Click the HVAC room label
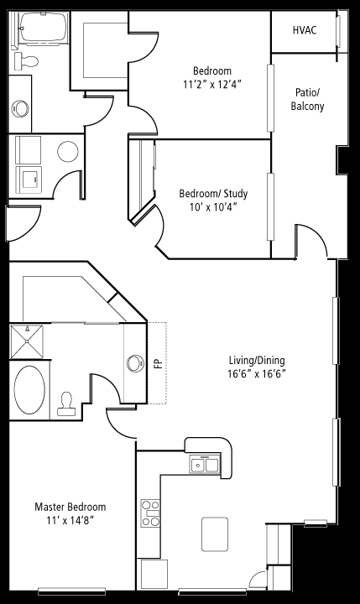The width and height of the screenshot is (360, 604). click(x=305, y=30)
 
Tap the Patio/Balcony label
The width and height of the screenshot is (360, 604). click(x=307, y=99)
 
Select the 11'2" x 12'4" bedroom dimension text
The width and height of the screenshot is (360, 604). click(x=212, y=85)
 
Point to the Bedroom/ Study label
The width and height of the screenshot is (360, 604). click(x=213, y=194)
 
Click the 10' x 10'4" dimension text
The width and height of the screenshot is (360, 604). click(x=213, y=207)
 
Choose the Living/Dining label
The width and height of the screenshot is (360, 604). click(x=257, y=361)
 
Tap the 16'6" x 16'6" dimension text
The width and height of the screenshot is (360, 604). click(x=257, y=373)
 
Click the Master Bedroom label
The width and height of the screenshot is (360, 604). click(x=70, y=507)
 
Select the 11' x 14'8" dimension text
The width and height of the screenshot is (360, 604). click(x=70, y=521)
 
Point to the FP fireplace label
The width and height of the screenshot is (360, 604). click(x=156, y=364)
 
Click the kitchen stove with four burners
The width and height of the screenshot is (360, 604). click(x=150, y=513)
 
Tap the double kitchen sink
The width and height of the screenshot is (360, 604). click(x=205, y=464)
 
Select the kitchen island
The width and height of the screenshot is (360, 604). click(x=215, y=534)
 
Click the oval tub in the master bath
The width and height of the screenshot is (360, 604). click(x=29, y=390)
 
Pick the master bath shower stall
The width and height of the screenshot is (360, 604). click(x=27, y=341)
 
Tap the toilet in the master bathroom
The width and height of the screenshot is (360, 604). click(x=66, y=404)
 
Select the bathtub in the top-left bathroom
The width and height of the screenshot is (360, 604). click(x=43, y=27)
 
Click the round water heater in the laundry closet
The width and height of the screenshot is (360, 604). click(x=68, y=151)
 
